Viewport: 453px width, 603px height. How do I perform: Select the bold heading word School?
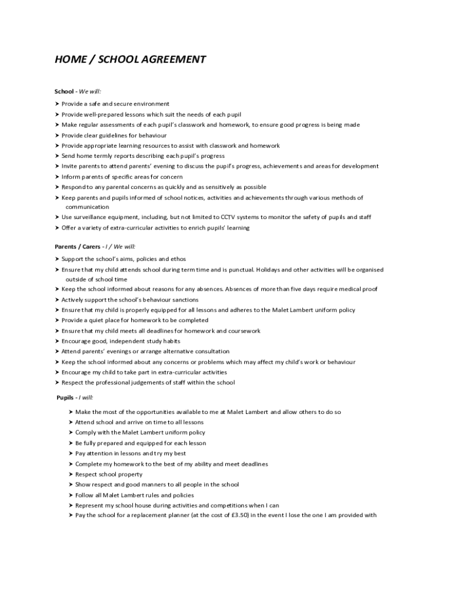64,91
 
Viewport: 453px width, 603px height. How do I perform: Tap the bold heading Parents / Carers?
77,247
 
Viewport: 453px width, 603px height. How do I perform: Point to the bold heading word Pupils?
65,397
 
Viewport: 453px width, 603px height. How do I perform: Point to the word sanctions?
181,300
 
